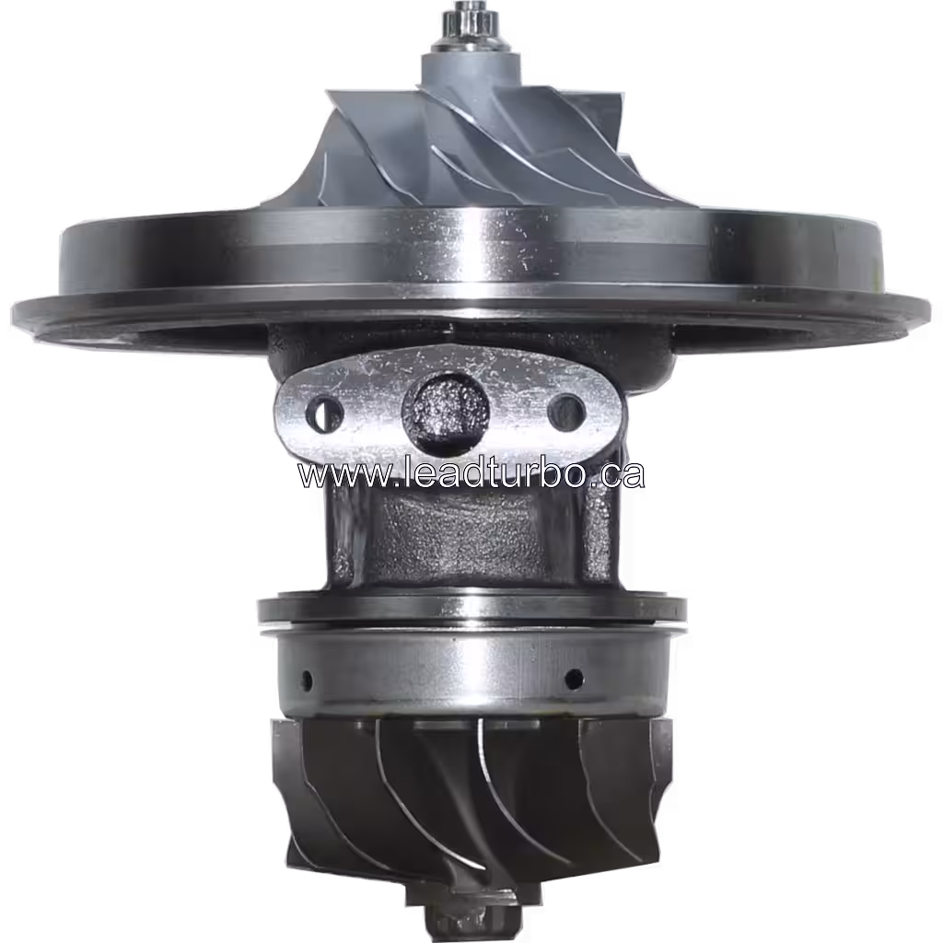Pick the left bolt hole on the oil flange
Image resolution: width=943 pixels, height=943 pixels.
pyautogui.click(x=324, y=415)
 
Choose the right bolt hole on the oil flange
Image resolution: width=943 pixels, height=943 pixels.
pyautogui.click(x=565, y=412)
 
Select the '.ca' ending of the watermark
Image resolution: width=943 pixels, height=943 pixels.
pyautogui.click(x=618, y=474)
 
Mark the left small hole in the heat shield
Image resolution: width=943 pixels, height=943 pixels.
pyautogui.click(x=307, y=681)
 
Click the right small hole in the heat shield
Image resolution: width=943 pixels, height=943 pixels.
pyautogui.click(x=573, y=680)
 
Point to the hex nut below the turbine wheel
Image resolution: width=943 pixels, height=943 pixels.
pyautogui.click(x=450, y=921)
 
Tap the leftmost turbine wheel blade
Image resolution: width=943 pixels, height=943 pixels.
pyautogui.click(x=295, y=792)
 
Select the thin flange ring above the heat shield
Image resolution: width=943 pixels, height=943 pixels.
pyautogui.click(x=471, y=609)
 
